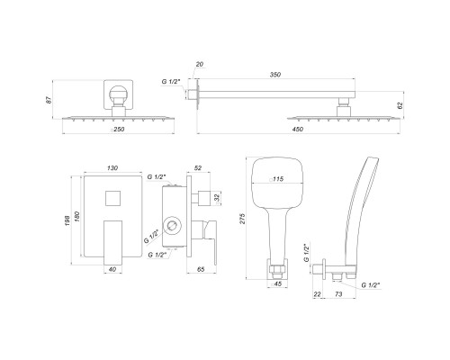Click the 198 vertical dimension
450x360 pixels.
click(x=67, y=221)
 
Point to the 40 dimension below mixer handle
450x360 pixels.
click(x=112, y=268)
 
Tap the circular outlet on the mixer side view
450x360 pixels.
click(x=172, y=223)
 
